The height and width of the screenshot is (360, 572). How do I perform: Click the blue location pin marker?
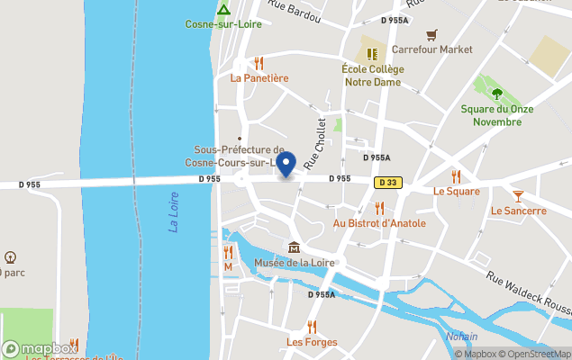point(286,164)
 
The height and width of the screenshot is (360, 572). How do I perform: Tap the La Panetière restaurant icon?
point(259,63)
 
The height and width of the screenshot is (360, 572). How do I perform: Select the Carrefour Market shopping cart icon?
point(431,34)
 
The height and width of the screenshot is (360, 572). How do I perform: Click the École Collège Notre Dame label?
point(372,76)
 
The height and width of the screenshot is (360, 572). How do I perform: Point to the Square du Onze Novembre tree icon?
point(496,93)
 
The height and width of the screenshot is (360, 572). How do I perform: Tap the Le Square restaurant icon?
point(456,176)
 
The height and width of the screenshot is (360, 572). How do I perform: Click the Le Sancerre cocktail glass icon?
point(518,195)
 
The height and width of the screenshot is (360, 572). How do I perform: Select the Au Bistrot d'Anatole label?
point(379,222)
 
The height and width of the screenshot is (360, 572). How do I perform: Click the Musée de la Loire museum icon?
point(294,247)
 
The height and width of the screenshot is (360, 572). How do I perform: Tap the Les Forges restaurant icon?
point(312,327)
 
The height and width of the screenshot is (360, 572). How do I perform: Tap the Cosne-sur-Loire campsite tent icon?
point(223,10)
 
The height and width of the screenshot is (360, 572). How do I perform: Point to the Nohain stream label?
point(461,337)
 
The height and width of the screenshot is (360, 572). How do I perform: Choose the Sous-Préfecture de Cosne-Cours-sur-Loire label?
point(240,155)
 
